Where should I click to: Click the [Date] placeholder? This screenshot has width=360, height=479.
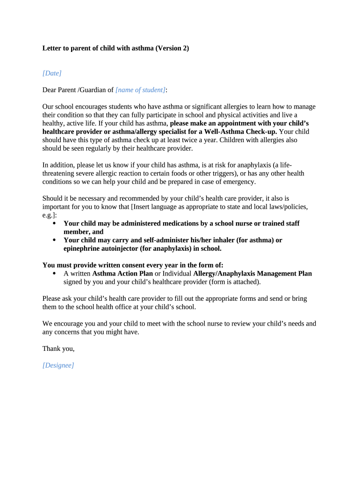tap(52, 73)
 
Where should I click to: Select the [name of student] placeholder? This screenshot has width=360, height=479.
tap(140, 90)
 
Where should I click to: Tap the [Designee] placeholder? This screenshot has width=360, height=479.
tap(58, 365)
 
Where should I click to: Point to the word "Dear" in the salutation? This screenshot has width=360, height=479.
tap(50, 90)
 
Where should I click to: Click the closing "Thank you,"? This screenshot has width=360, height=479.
tap(58, 348)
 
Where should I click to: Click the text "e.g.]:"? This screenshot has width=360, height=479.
tap(50, 215)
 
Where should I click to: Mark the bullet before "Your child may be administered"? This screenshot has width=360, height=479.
tap(55, 224)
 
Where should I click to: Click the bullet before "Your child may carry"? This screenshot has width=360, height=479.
tap(55, 240)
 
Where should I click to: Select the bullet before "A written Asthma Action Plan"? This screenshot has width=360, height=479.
tap(55, 274)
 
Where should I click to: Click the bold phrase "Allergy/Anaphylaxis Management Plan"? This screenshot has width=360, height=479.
tap(252, 274)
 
